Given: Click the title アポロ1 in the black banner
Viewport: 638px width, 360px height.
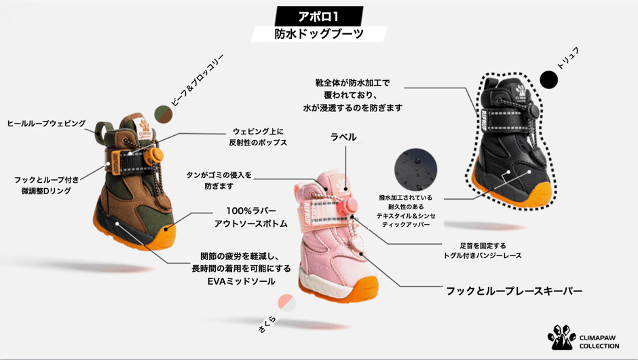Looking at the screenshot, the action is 318,17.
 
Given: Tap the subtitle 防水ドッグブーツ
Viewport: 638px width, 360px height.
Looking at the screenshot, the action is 318,34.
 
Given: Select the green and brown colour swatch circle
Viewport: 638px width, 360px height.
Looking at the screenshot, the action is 164,114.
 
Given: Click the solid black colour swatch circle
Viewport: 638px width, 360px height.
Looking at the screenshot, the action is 548,80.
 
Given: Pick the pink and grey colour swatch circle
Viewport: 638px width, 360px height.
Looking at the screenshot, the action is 287,303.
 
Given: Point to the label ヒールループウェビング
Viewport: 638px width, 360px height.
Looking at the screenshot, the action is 46,124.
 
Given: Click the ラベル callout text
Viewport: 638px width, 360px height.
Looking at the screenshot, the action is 343,137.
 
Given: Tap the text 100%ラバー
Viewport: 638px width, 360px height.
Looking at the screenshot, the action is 251,211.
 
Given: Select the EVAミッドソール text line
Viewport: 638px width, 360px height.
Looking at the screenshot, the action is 241,281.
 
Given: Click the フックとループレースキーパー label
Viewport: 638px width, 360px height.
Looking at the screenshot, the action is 514,291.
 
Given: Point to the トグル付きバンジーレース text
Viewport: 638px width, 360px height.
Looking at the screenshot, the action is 483,256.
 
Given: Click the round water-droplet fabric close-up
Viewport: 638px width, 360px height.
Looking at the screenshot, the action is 415,170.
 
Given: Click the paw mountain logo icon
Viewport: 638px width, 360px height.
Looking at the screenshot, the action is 562,337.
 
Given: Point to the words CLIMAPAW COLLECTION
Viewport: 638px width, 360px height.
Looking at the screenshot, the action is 599,342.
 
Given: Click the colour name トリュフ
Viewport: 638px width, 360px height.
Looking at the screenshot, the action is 568,58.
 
